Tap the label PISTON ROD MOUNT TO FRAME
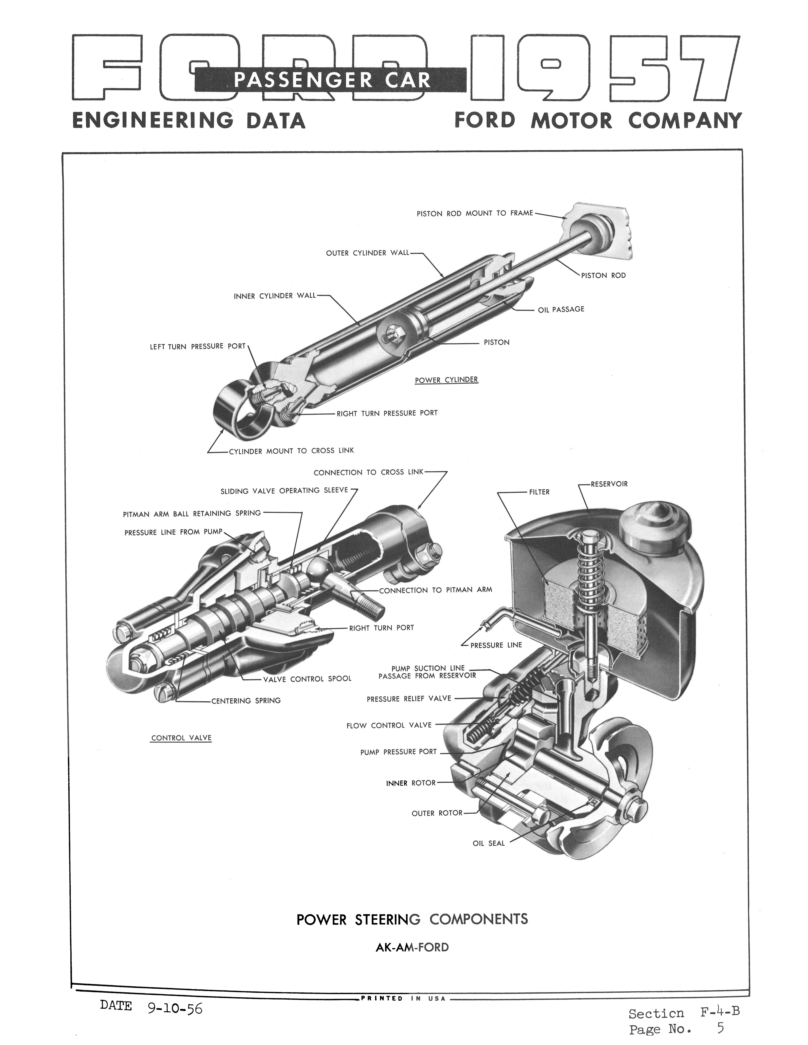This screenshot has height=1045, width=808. click(474, 213)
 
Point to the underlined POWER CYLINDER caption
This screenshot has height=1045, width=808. click(446, 380)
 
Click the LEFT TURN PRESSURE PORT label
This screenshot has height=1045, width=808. click(197, 346)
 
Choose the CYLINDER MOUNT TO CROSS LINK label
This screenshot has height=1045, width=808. click(292, 451)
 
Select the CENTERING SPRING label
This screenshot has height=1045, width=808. click(246, 700)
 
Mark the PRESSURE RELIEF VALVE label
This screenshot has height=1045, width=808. click(409, 699)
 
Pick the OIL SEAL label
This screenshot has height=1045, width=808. click(489, 843)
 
